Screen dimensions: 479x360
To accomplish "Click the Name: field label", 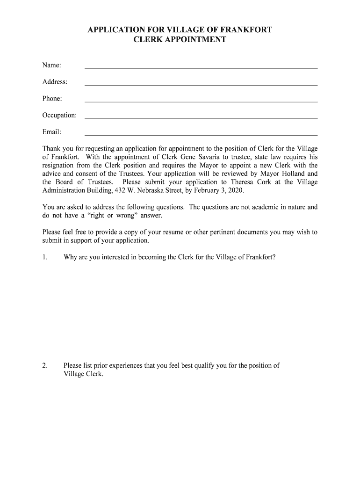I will [x=52, y=65].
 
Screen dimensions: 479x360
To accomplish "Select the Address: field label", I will [x=55, y=82].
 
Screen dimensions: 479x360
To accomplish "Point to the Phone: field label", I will [x=52, y=98].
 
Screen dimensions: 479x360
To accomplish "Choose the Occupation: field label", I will [x=59, y=115].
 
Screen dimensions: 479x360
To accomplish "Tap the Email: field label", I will [x=52, y=132].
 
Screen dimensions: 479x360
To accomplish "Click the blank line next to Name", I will [x=201, y=68].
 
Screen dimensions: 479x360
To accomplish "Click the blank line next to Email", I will [x=201, y=135].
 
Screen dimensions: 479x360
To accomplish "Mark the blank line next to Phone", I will [x=201, y=101].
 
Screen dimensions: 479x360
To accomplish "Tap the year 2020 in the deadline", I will [x=234, y=191].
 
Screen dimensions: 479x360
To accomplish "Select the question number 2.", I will [x=45, y=366].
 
